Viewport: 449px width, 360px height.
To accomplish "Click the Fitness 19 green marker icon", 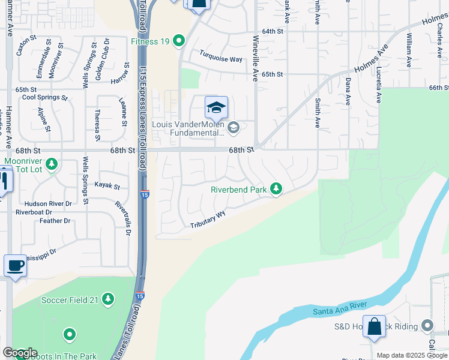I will tap(178, 41).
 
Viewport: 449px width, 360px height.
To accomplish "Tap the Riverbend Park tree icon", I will tap(276, 189).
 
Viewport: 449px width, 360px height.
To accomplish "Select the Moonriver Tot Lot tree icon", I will tap(52, 163).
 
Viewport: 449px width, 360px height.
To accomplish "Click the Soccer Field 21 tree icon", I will tap(108, 299).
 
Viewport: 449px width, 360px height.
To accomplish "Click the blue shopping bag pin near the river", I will tap(375, 327).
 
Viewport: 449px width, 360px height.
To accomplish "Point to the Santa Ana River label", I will tap(340, 308).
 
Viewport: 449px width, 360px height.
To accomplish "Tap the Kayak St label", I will tap(107, 187).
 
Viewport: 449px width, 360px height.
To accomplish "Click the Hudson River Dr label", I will tap(52, 203).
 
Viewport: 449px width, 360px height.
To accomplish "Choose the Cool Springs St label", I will tap(44, 97).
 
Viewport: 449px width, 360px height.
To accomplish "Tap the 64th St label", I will tap(272, 31).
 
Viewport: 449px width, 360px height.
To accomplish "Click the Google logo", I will tap(20, 353).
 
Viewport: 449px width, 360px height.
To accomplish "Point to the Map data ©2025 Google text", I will tap(412, 355).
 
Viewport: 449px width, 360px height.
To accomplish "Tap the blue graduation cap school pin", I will tap(216, 109).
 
